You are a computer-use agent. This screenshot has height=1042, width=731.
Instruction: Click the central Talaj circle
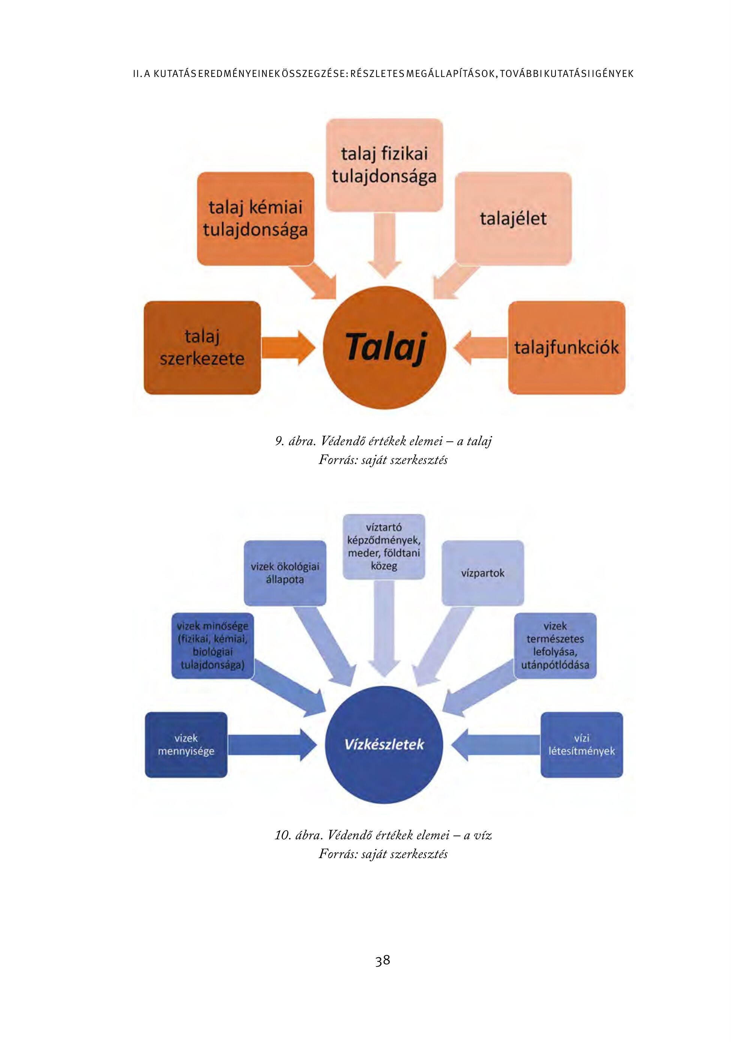384,348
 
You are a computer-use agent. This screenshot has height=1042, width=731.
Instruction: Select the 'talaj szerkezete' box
202,348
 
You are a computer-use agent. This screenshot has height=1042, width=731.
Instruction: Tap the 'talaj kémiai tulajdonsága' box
255,219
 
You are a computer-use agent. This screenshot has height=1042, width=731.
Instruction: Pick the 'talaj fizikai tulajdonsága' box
384,165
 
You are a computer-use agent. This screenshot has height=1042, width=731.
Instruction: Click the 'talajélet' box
513,219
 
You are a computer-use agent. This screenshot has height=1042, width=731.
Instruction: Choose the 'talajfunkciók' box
566,348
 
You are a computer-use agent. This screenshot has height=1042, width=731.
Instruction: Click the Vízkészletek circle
384,745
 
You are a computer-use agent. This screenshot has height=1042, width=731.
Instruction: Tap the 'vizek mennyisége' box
186,745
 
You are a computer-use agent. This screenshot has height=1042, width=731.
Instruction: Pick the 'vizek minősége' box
213,646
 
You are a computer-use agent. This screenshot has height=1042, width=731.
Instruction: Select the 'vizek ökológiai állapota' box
285,573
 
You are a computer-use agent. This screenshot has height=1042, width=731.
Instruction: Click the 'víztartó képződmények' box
384,547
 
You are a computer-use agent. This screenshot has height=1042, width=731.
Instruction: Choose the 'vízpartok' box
482,573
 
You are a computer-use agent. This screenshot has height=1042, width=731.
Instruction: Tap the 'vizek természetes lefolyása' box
555,646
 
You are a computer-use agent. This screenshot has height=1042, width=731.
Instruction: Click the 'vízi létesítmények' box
581,745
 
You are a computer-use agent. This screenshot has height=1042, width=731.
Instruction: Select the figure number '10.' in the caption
283,835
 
